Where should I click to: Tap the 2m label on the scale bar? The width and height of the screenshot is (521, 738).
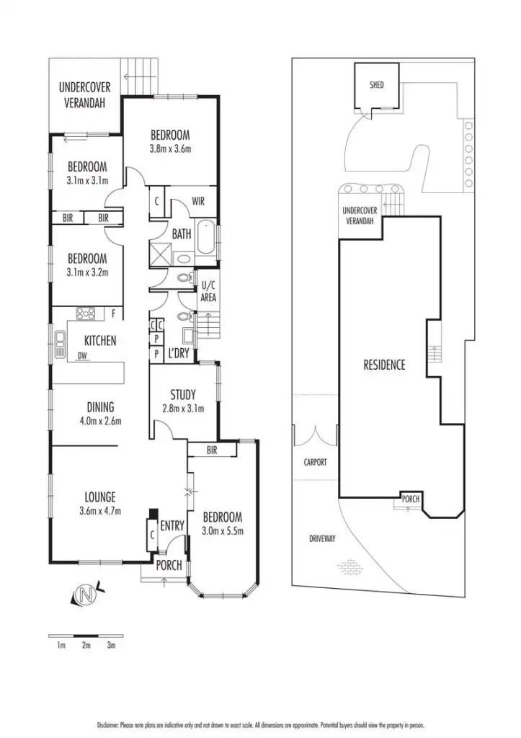tap(86, 645)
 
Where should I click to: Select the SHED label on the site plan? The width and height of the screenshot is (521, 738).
tap(376, 85)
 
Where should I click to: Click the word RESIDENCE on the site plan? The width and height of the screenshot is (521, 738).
tap(384, 365)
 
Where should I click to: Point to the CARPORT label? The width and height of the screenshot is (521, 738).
tap(314, 462)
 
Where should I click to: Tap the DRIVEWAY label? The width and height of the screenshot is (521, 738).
tap(322, 538)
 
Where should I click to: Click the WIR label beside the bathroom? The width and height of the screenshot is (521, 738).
tap(199, 202)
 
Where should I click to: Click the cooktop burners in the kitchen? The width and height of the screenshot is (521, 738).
tap(86, 314)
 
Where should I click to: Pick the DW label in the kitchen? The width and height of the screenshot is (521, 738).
tap(83, 355)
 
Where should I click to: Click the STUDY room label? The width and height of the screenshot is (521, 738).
tap(182, 394)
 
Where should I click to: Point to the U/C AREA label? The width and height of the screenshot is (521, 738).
tap(208, 292)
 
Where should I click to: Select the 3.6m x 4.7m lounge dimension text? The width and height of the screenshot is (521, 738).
tap(99, 511)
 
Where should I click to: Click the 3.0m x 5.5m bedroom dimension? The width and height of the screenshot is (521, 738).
tap(222, 532)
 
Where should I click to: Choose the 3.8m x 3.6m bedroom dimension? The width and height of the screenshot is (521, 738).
tap(170, 149)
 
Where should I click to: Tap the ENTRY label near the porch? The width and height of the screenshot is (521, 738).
tap(172, 527)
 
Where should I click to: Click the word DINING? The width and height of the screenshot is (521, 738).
tap(99, 407)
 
